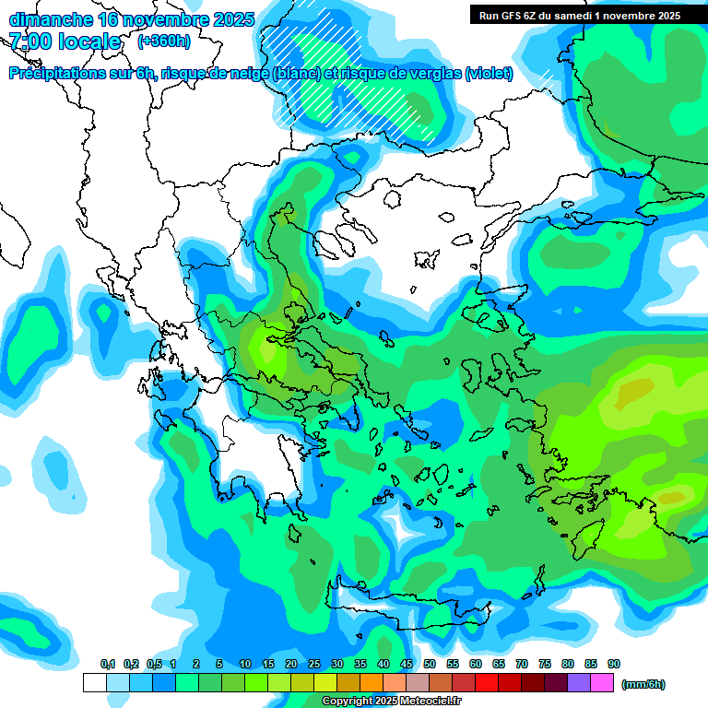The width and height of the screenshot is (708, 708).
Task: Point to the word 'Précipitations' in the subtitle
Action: (x=65, y=74)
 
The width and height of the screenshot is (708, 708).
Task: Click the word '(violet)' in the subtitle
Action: (x=489, y=74)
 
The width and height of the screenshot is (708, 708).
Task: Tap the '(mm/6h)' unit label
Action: (x=643, y=684)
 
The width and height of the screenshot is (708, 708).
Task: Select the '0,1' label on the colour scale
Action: (x=107, y=665)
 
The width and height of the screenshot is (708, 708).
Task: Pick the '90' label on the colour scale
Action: (x=614, y=665)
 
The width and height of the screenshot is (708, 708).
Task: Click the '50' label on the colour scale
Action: (x=430, y=665)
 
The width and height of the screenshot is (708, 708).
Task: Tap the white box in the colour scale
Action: (x=95, y=683)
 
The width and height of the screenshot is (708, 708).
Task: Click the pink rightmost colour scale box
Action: (x=602, y=683)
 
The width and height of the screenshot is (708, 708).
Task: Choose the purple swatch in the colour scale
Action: (x=579, y=683)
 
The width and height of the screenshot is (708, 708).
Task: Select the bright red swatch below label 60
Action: (x=487, y=683)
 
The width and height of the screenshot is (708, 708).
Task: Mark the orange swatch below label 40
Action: (x=372, y=683)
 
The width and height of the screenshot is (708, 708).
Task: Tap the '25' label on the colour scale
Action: (x=314, y=665)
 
